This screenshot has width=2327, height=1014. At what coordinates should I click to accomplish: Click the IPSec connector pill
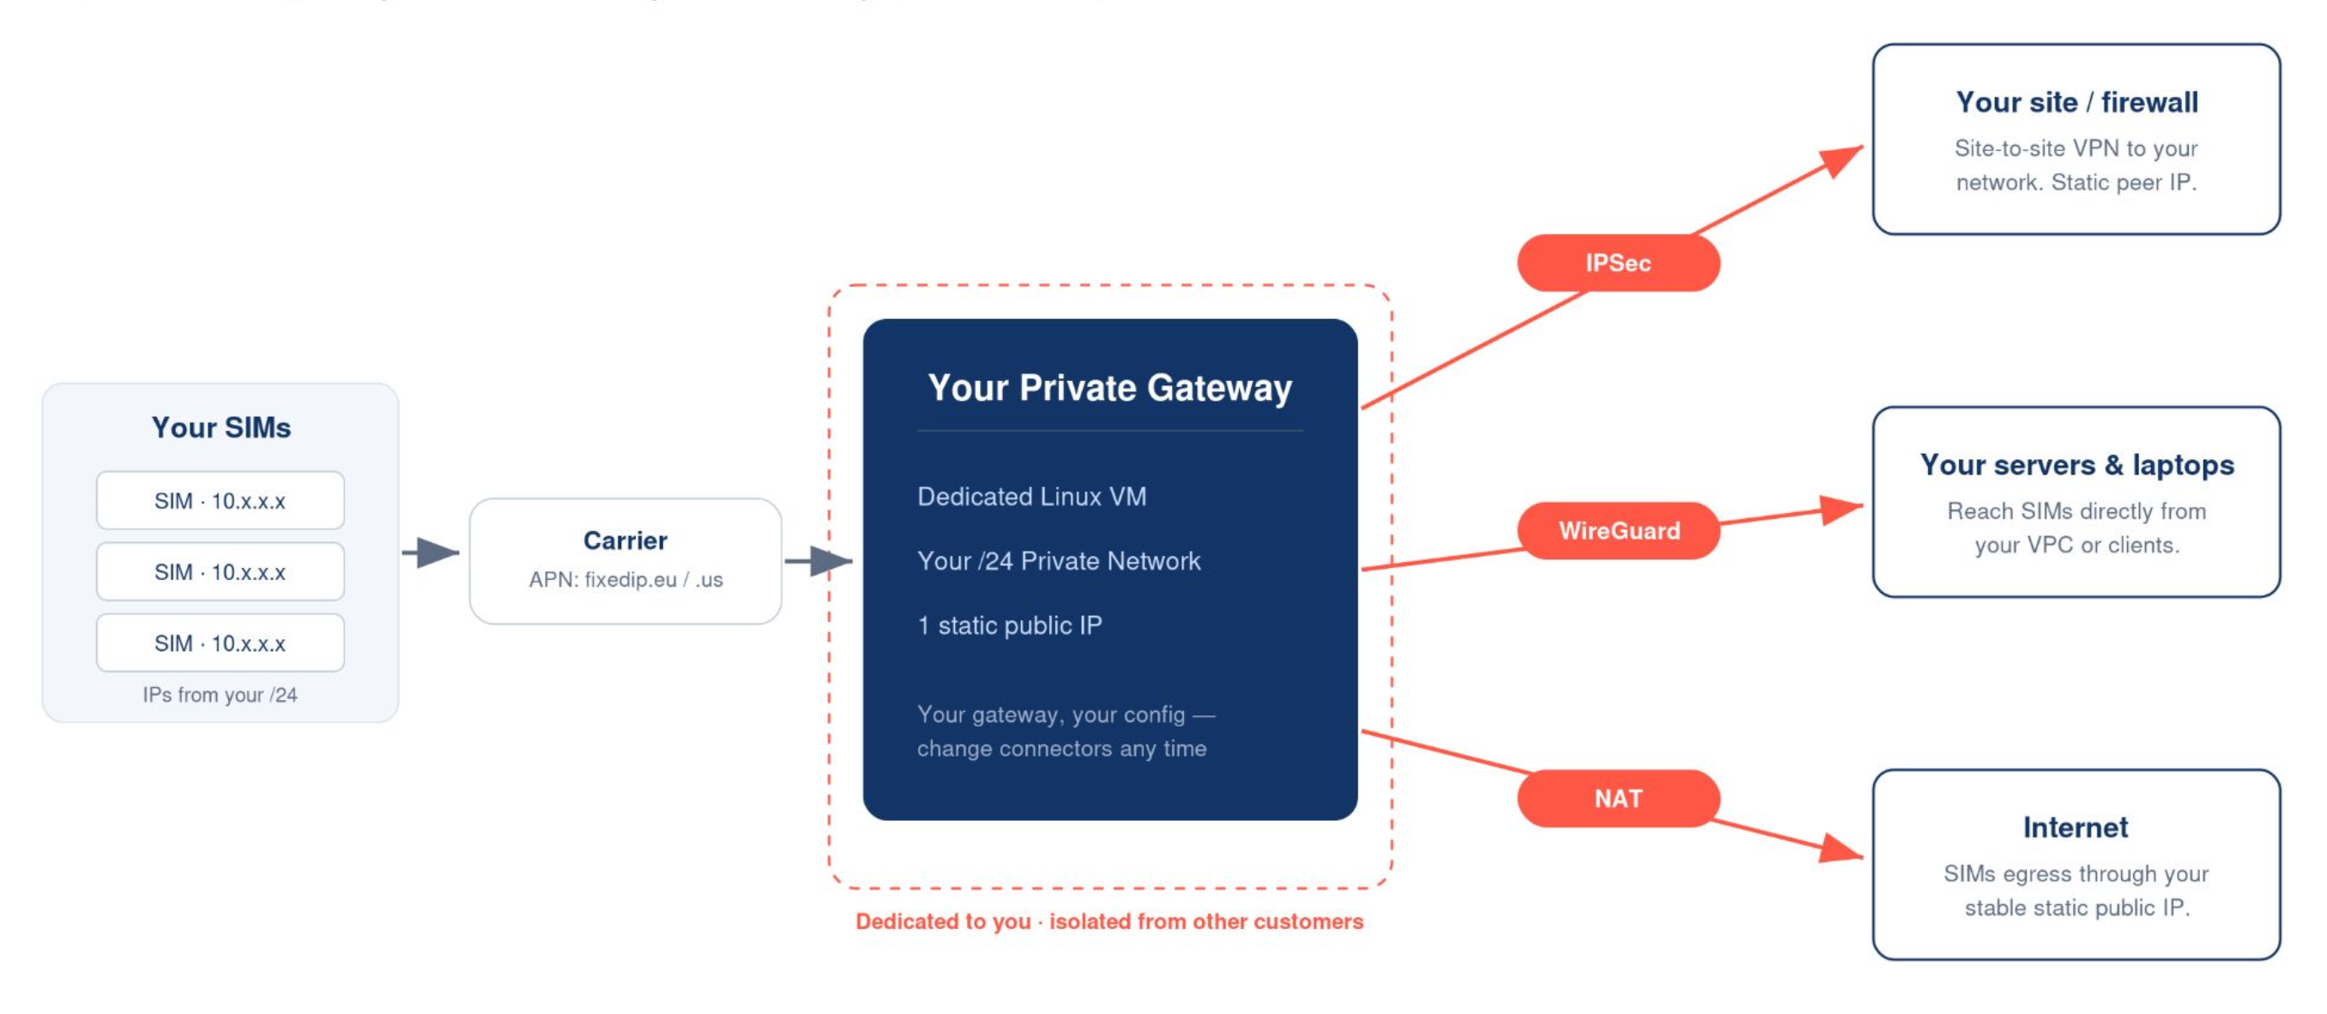pos(1618,263)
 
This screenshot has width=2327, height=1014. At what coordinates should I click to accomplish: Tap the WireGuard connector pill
pos(1618,531)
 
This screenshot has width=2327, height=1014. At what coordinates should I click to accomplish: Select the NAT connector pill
pos(1618,798)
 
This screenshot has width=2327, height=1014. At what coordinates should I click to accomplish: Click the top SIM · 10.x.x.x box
pos(221,500)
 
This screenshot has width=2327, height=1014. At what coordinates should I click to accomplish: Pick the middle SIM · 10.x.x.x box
pos(221,571)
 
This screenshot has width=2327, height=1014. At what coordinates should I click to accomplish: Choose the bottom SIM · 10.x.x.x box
pos(221,643)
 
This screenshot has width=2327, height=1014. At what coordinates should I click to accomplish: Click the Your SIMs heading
pos(221,427)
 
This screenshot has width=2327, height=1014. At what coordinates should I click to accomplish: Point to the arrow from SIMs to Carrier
pos(431,552)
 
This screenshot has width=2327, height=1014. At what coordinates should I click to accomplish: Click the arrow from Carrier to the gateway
pos(819,561)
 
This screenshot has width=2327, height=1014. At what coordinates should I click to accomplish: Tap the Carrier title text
pos(626,540)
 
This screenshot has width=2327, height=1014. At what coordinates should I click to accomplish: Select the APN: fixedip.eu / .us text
pos(626,580)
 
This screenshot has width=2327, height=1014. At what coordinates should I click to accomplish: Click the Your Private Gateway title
pos(1110,388)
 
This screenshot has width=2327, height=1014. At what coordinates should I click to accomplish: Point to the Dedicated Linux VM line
pos(1031,497)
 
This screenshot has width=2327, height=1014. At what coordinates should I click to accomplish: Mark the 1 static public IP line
pos(1010,625)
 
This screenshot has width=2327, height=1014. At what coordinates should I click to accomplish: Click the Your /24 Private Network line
pos(1059,561)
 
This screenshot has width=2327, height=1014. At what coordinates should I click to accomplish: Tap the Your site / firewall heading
pos(2076,102)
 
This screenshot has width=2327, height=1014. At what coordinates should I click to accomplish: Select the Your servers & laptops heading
pos(2076,464)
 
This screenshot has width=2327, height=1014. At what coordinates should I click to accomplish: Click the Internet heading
pos(2076,827)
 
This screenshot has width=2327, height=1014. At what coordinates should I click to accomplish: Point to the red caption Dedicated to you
pos(943,921)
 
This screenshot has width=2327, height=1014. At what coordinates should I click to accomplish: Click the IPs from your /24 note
pos(220,694)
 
